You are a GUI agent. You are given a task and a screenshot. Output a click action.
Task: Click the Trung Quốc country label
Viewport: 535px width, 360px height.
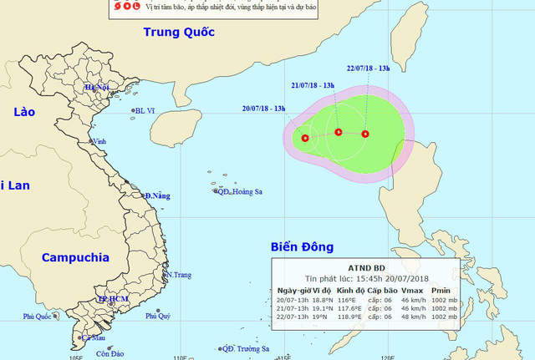pyautogui.click(x=178, y=33)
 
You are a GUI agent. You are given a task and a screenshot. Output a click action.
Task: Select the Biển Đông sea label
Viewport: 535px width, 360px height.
pyautogui.click(x=302, y=246)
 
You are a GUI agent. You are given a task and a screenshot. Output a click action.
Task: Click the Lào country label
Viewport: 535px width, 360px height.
pyautogui.click(x=22, y=113)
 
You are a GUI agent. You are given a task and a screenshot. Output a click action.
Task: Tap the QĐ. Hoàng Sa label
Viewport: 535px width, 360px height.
pyautogui.click(x=240, y=191)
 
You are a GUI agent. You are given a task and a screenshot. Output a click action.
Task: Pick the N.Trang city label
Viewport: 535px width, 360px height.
pyautogui.click(x=180, y=275)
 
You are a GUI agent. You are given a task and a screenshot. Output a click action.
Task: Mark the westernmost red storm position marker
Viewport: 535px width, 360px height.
pyautogui.click(x=305, y=138)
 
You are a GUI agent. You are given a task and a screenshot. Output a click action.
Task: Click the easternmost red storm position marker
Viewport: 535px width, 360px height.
pyautogui.click(x=365, y=134)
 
